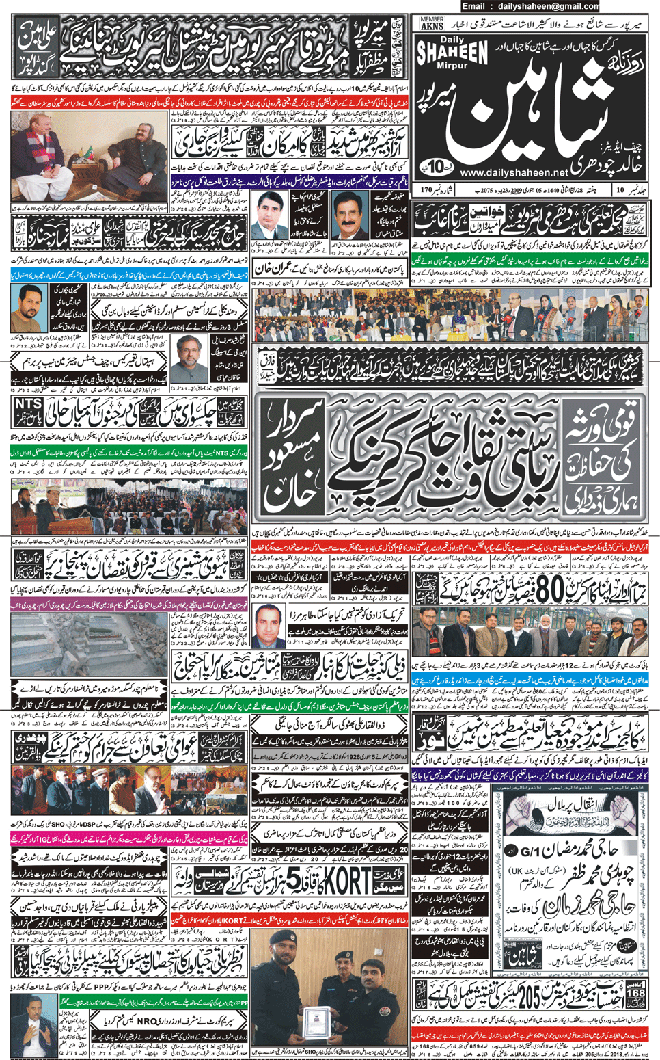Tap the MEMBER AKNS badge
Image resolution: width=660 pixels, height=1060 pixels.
[432, 23]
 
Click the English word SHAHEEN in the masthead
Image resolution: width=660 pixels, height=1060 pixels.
[452, 53]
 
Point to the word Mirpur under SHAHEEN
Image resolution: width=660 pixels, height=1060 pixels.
[452, 66]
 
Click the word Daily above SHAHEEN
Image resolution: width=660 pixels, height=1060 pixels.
[452, 40]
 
